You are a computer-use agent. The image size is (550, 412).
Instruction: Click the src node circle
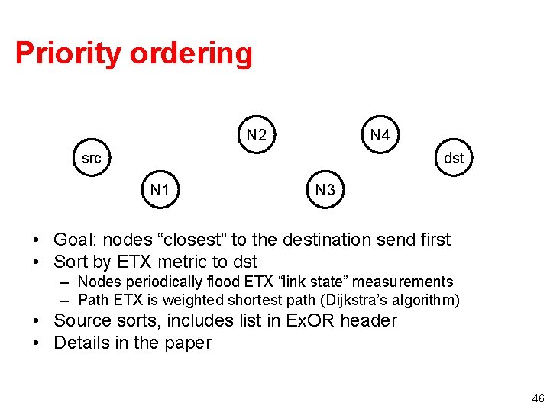(91, 159)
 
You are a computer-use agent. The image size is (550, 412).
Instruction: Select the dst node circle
(454, 159)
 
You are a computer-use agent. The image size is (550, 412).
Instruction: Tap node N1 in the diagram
(160, 189)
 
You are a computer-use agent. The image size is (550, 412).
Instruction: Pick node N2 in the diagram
(257, 136)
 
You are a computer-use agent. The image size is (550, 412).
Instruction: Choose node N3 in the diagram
(325, 189)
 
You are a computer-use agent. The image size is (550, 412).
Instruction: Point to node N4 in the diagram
(380, 136)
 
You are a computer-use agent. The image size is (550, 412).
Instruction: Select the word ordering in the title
(190, 53)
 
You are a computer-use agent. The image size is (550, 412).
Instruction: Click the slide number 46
(538, 398)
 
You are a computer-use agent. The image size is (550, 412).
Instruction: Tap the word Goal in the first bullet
(73, 240)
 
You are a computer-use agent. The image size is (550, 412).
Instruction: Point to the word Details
(81, 343)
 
